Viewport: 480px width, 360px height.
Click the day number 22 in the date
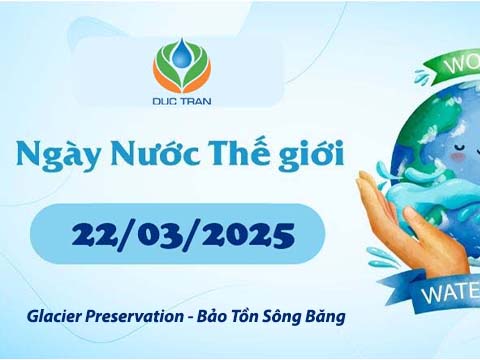coord(94,236)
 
